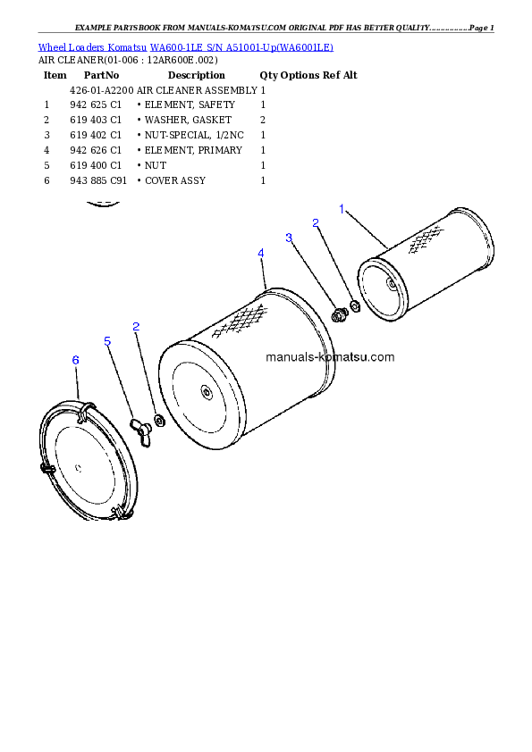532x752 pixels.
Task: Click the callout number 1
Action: [x=342, y=209]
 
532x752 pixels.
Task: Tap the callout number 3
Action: [x=289, y=238]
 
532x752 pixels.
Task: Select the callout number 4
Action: [x=260, y=254]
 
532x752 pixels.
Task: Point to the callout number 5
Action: [x=107, y=341]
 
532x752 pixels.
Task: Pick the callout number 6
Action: [x=75, y=359]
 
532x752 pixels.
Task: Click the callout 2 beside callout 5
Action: [x=136, y=327]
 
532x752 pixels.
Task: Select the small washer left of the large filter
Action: [x=159, y=420]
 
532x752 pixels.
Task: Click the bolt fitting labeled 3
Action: [x=339, y=313]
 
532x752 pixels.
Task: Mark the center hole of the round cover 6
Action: [x=80, y=465]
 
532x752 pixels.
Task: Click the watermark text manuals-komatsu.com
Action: [x=330, y=357]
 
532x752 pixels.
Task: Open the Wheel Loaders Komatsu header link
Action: [x=185, y=46]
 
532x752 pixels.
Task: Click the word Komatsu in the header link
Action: [x=128, y=46]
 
